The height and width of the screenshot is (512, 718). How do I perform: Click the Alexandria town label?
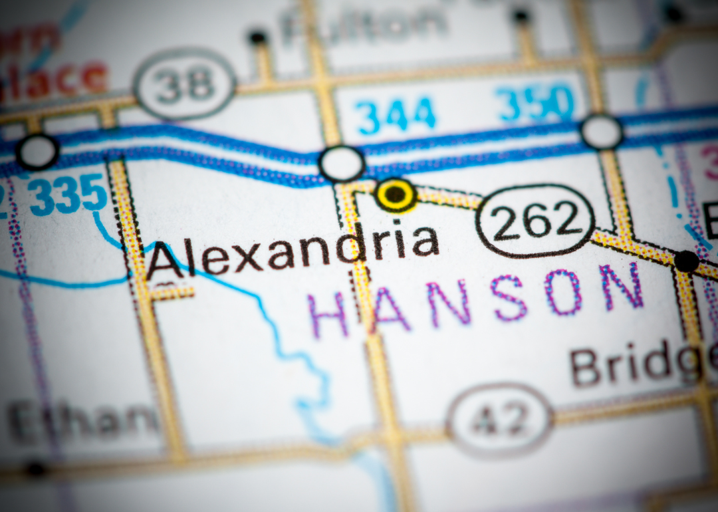(293, 251)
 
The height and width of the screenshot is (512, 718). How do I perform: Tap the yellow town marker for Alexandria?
(396, 195)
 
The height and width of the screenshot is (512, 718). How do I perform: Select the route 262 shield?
(535, 221)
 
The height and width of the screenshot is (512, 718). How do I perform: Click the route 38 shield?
(184, 84)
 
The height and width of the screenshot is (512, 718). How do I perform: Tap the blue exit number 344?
(396, 114)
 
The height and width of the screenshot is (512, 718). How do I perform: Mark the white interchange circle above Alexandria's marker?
(342, 164)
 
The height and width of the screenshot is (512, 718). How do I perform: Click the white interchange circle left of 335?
(37, 152)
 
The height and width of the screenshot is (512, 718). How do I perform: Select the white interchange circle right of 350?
(602, 132)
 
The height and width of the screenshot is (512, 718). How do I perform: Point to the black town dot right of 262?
(687, 261)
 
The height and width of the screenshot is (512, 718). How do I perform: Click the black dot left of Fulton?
(257, 37)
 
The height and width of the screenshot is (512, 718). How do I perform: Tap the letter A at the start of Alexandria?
(164, 259)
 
